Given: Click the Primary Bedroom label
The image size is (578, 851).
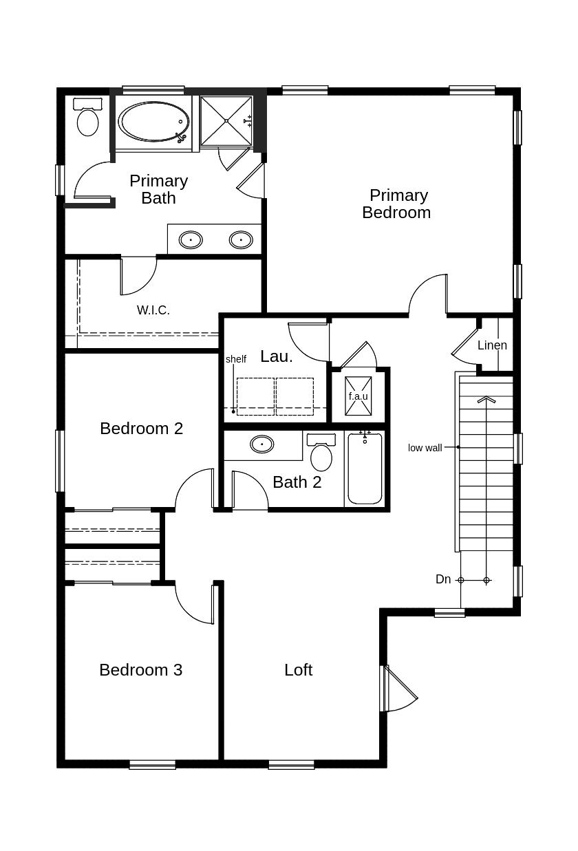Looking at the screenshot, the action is click(396, 204).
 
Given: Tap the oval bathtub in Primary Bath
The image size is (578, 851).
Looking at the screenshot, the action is click(154, 122).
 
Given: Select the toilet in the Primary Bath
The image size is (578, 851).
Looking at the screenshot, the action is click(88, 118).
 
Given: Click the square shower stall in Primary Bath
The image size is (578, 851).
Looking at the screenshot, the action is click(226, 120).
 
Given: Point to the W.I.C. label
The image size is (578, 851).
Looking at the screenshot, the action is click(153, 310).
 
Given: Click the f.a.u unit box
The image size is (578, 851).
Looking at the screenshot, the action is click(358, 396).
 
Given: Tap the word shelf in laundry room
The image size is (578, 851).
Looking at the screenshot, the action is click(236, 359).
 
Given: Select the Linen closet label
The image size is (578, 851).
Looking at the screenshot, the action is click(492, 345).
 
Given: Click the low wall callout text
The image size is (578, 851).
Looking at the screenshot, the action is click(425, 448).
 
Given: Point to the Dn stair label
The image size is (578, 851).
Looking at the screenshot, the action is click(443, 579).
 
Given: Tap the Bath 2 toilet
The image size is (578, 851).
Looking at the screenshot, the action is click(321, 452).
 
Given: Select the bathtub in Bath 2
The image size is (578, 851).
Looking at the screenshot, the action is click(365, 468).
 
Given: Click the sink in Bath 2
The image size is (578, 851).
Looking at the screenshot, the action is click(262, 444).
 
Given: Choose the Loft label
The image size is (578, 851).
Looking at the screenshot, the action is click(299, 669).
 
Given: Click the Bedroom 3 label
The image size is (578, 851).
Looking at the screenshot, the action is click(141, 669).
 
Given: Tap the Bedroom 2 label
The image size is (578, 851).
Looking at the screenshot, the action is click(141, 429).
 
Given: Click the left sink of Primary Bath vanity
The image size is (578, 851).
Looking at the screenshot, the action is click(191, 239).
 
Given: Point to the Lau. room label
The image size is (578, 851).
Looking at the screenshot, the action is click(277, 356).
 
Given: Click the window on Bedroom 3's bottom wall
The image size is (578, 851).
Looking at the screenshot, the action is click(152, 765).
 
